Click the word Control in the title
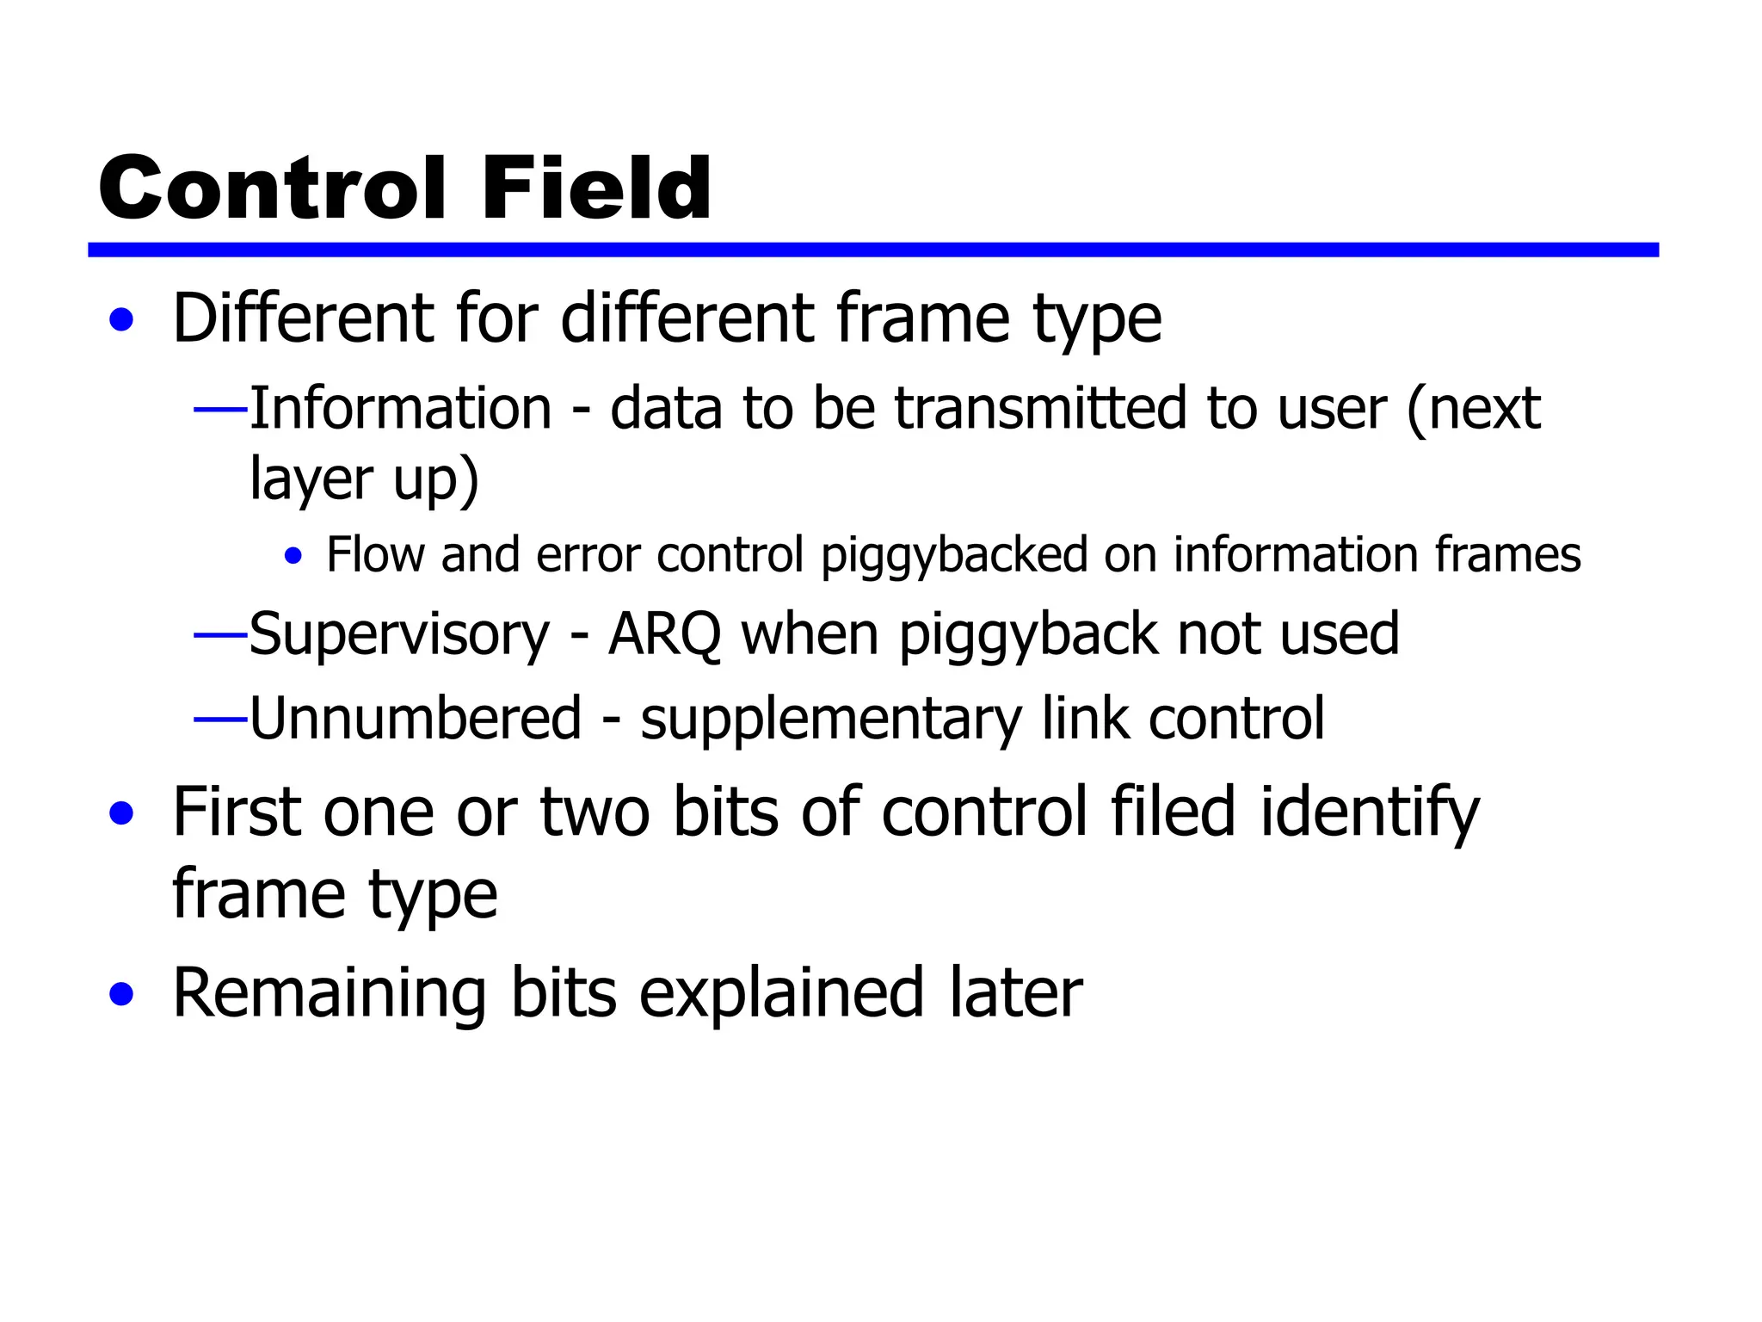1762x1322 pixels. pos(272,188)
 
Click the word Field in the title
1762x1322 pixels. pos(596,188)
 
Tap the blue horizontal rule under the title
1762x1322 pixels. pos(872,250)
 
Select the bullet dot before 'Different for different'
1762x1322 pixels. pos(122,320)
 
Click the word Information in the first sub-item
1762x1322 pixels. pos(401,408)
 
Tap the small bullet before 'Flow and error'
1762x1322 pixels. pos(293,556)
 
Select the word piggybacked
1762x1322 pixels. pos(955,555)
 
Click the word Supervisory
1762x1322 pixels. pos(399,635)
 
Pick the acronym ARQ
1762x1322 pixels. pos(664,635)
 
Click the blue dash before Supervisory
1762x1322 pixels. pos(220,635)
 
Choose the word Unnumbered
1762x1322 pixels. pos(416,718)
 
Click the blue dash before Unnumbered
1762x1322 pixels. pos(220,718)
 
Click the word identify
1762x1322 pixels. pos(1370,814)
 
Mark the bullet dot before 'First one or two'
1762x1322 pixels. pos(122,813)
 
